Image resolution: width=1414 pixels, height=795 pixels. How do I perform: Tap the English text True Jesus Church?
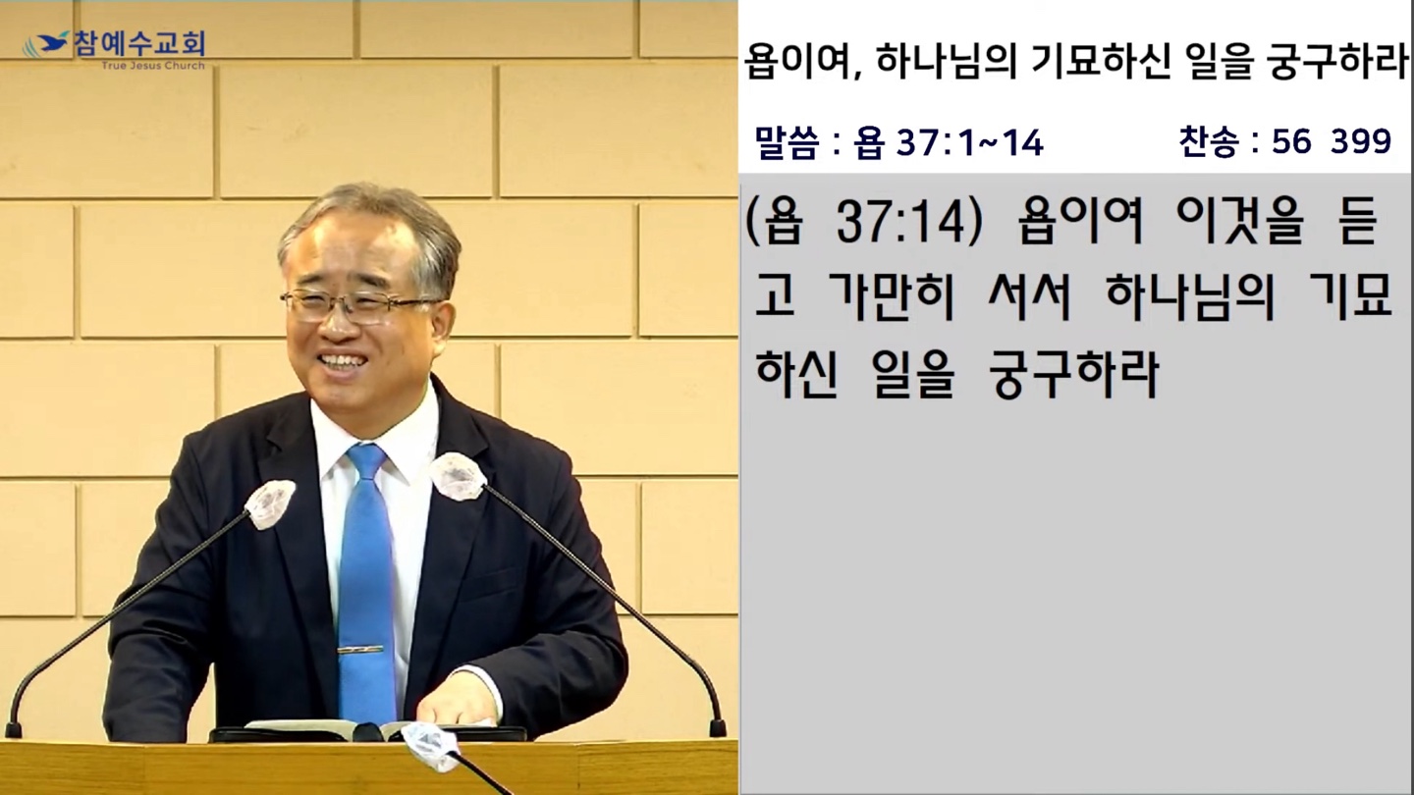[153, 65]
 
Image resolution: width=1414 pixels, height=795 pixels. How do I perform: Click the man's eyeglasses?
[356, 305]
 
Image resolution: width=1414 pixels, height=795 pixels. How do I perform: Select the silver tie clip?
[359, 650]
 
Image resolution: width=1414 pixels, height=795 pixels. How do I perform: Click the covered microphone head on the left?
[269, 504]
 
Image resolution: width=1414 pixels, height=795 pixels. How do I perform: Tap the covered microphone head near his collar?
[459, 476]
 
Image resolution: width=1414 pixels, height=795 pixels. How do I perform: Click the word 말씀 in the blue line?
[787, 142]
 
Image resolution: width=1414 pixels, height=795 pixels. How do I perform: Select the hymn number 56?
[1291, 141]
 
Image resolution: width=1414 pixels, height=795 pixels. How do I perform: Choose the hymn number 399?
[1361, 141]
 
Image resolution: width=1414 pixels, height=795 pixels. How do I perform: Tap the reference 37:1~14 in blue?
[969, 143]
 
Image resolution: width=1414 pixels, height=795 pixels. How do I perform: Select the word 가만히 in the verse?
[890, 296]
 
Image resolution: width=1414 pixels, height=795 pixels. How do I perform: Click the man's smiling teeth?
[342, 361]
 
